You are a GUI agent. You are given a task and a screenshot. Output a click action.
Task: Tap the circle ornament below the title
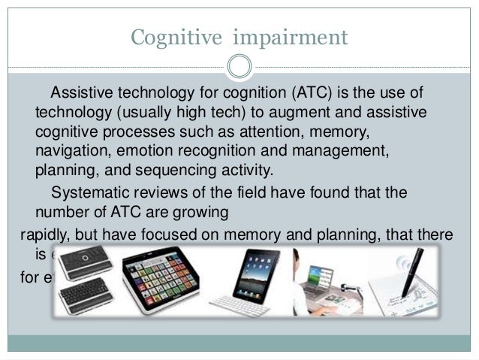point(239,66)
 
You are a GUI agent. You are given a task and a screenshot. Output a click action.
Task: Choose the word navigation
point(71,150)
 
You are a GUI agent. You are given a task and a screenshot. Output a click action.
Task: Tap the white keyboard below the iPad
point(239,305)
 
